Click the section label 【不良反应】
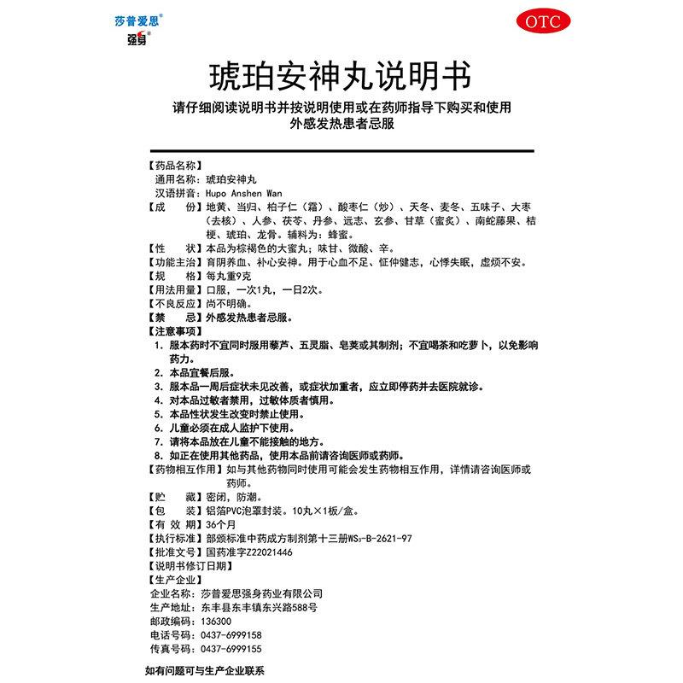pyautogui.click(x=174, y=303)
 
